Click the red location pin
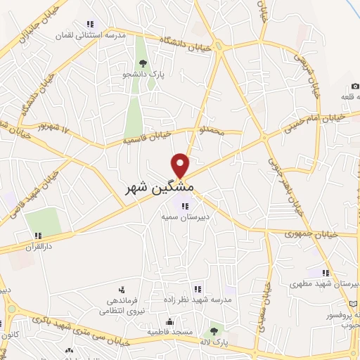pyautogui.click(x=181, y=165)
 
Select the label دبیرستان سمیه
pyautogui.click(x=184, y=218)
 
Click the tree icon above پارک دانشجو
pyautogui.click(x=143, y=63)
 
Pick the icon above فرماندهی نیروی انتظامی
pyautogui.click(x=122, y=289)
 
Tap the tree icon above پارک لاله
pyautogui.click(x=214, y=330)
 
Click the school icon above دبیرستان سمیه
pyautogui.click(x=184, y=206)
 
